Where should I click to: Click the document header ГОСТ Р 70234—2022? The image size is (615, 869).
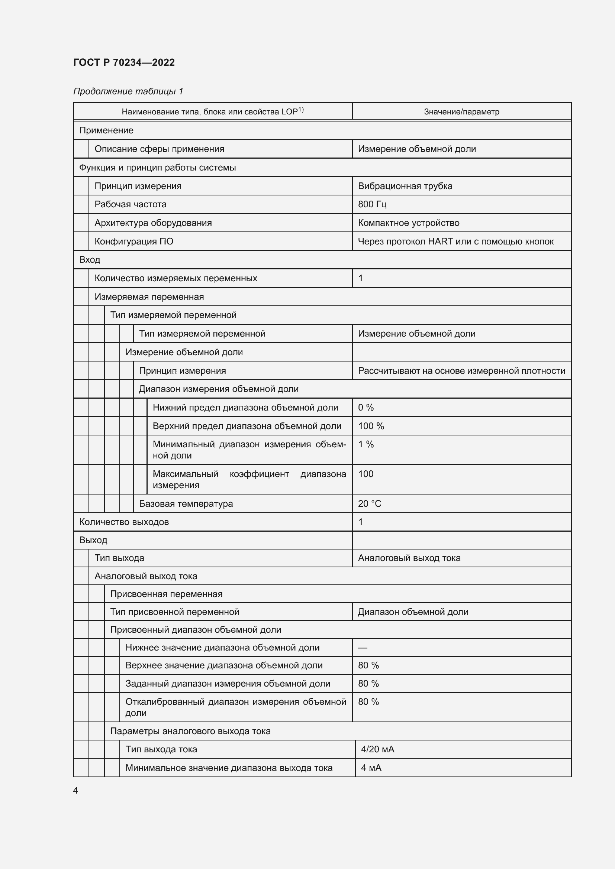[124, 62]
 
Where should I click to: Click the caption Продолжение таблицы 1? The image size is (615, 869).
[128, 91]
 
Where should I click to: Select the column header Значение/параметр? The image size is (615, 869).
[461, 112]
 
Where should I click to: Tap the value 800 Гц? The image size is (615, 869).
[372, 204]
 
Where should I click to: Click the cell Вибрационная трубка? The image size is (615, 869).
[405, 186]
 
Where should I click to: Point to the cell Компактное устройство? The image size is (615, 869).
[408, 223]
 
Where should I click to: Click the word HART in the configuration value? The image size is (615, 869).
[440, 241]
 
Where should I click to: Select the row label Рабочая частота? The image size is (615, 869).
[130, 204]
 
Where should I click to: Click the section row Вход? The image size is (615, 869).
[90, 260]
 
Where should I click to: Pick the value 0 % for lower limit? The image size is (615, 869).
[366, 408]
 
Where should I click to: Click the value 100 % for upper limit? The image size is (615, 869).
[371, 426]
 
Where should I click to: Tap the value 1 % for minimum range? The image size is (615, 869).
[366, 444]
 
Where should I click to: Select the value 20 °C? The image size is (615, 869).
[369, 504]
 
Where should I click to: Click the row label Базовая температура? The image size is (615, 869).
[186, 504]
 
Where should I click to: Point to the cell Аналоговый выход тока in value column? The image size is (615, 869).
[409, 558]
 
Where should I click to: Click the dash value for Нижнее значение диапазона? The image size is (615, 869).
[363, 648]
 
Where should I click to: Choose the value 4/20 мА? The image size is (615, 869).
[377, 749]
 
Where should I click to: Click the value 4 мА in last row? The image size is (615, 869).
[371, 768]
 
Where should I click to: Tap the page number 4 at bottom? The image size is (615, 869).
[76, 791]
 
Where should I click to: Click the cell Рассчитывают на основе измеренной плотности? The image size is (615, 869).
[461, 371]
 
